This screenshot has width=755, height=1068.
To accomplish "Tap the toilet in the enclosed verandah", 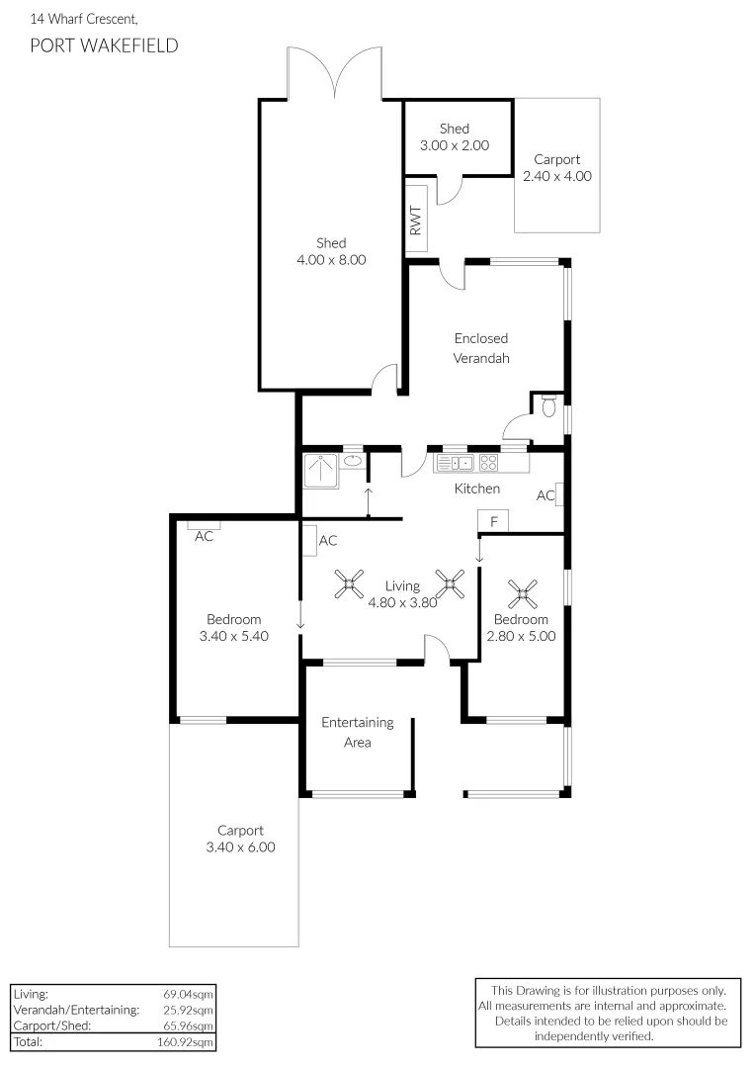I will coord(548,404).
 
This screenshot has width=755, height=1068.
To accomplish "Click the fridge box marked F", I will coord(492,521).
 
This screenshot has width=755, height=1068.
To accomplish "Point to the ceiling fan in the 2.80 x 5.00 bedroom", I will coord(523,593).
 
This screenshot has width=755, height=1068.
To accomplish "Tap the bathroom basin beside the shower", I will coord(352,461).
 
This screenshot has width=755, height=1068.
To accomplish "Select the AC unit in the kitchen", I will coord(559,494).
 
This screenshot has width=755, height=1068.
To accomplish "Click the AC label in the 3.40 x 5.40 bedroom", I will coord(205,537).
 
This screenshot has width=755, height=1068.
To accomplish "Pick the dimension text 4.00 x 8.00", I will coord(330,260).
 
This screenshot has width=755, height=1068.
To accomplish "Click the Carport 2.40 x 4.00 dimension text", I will coord(556,176).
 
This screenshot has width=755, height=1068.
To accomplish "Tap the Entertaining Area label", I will coord(357,732).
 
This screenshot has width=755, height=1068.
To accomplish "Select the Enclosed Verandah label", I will coord(481,348).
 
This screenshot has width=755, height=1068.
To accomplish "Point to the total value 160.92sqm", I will coord(188,1041).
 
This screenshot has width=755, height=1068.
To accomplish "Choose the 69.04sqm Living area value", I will coord(188,994).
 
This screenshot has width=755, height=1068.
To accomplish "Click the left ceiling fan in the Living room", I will coord(348,584).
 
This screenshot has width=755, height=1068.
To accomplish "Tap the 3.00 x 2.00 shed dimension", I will coord(455,145).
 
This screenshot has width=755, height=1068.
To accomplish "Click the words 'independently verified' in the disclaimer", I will coord(593,1035).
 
